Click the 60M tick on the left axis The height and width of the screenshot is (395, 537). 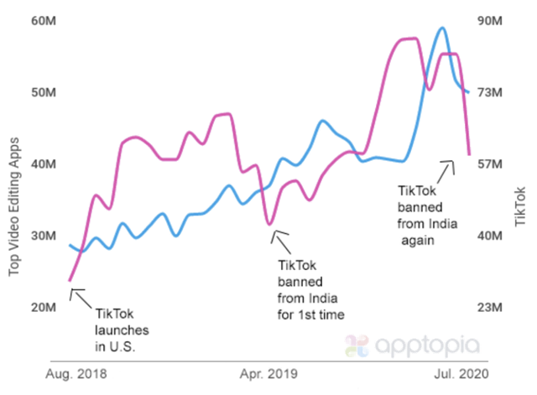point(44,20)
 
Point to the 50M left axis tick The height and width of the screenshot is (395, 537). point(44,92)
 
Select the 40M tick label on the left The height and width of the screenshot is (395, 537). point(44,164)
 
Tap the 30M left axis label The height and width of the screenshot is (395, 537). point(44,236)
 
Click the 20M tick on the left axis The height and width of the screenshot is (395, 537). point(44,308)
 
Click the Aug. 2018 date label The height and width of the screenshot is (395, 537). point(81,372)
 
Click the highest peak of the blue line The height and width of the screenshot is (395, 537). point(441,29)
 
